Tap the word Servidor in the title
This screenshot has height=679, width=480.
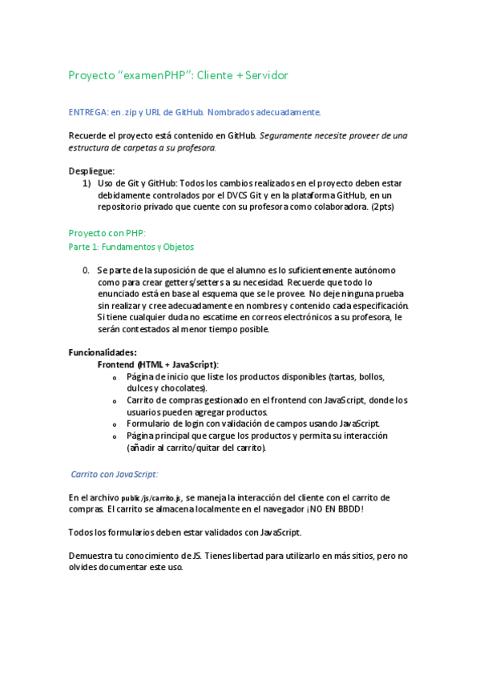[259, 75]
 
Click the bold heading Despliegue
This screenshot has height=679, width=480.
[91, 171]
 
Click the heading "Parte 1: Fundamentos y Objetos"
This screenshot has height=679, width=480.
[131, 247]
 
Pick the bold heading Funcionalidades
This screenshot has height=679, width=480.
[103, 352]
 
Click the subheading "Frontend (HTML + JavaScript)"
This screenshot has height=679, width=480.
[158, 364]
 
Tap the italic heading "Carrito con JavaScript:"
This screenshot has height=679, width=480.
[115, 474]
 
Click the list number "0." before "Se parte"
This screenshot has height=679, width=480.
[86, 271]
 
